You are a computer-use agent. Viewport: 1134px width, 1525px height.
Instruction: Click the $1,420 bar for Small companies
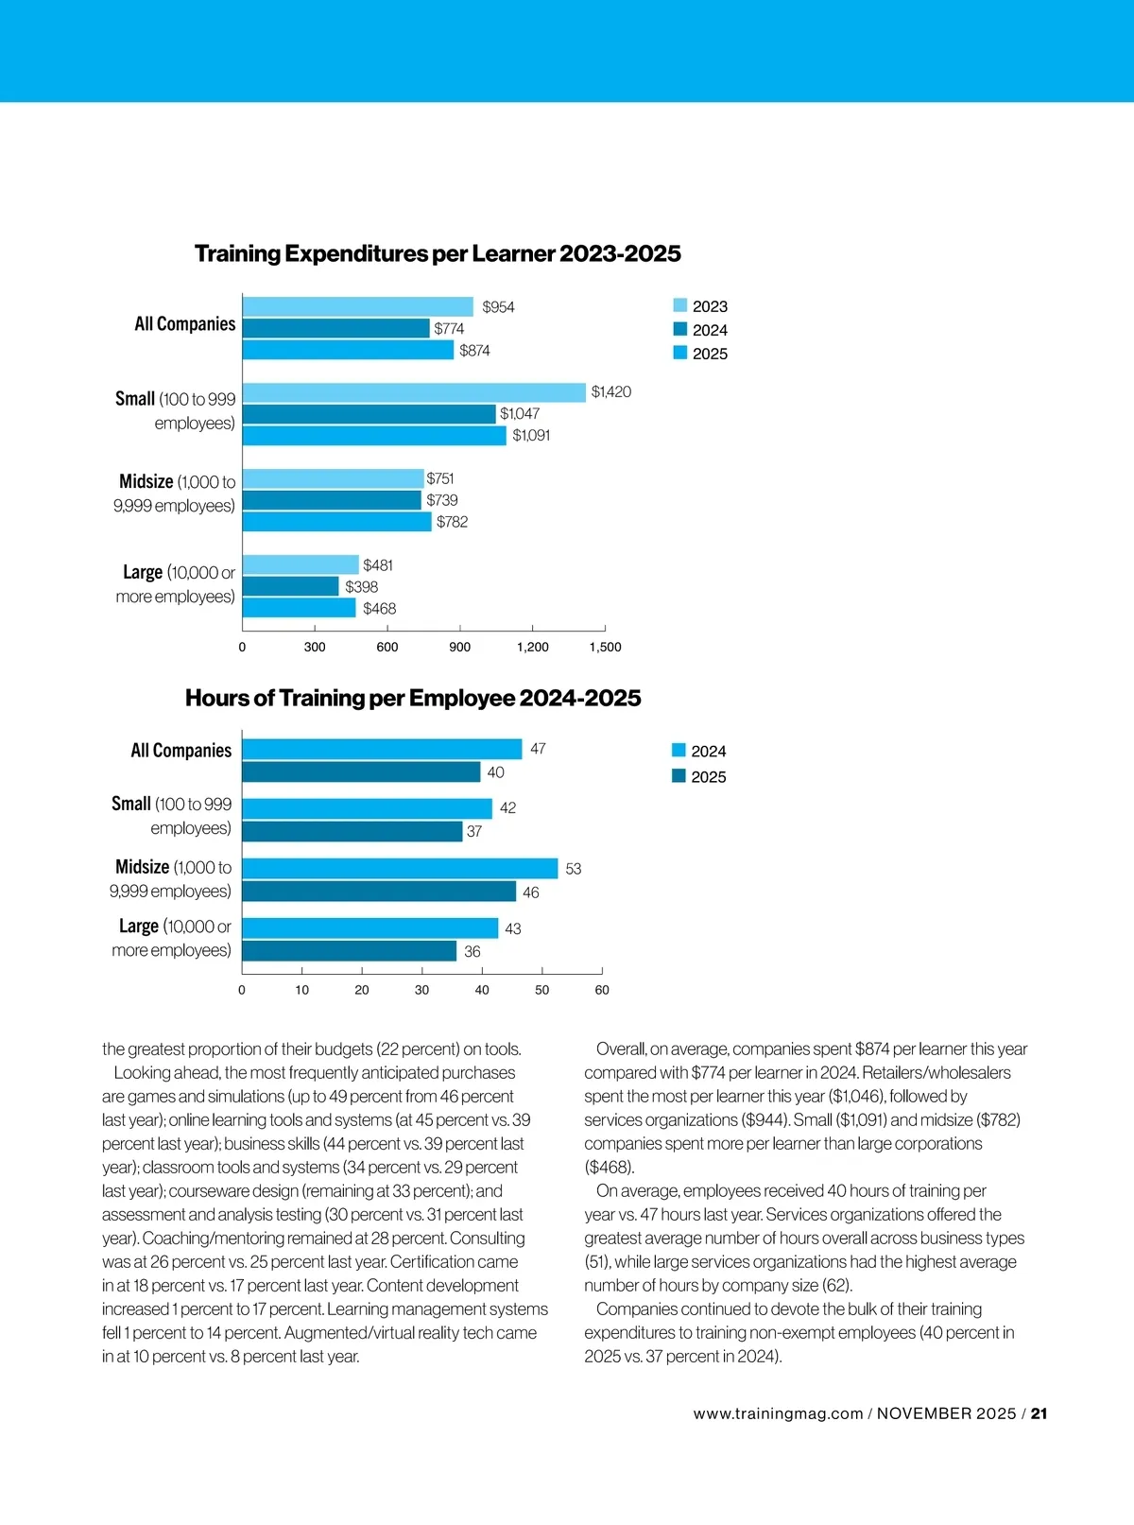(x=414, y=392)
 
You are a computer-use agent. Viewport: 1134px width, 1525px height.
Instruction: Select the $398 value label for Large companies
(x=361, y=587)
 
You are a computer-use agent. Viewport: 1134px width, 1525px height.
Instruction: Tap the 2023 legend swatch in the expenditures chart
(x=680, y=305)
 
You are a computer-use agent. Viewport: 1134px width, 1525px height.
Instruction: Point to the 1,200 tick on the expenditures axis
(x=532, y=647)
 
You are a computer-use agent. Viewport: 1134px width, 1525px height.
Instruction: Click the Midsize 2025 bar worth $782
(x=336, y=522)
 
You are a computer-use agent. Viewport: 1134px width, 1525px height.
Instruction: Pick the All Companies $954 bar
(x=357, y=306)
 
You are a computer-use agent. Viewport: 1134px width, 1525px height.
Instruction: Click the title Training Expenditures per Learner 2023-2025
(x=438, y=253)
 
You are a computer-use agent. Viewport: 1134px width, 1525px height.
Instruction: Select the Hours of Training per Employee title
(x=413, y=698)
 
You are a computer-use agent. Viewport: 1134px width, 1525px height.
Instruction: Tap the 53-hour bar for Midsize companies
(x=400, y=869)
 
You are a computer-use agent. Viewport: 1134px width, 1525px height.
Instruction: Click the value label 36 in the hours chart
(x=472, y=952)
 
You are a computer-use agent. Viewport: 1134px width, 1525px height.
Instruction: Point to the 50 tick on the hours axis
(x=542, y=990)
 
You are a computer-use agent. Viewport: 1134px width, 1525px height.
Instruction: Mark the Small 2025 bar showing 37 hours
(x=352, y=832)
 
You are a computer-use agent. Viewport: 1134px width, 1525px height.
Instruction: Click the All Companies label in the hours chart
(x=180, y=751)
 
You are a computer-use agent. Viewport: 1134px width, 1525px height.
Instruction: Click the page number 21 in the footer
(x=1039, y=1414)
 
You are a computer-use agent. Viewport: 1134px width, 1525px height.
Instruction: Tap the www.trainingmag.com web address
(x=778, y=1414)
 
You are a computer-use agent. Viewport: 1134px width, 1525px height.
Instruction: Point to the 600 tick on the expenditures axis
(x=387, y=647)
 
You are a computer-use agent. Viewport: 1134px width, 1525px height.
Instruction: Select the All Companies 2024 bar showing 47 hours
(x=382, y=750)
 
